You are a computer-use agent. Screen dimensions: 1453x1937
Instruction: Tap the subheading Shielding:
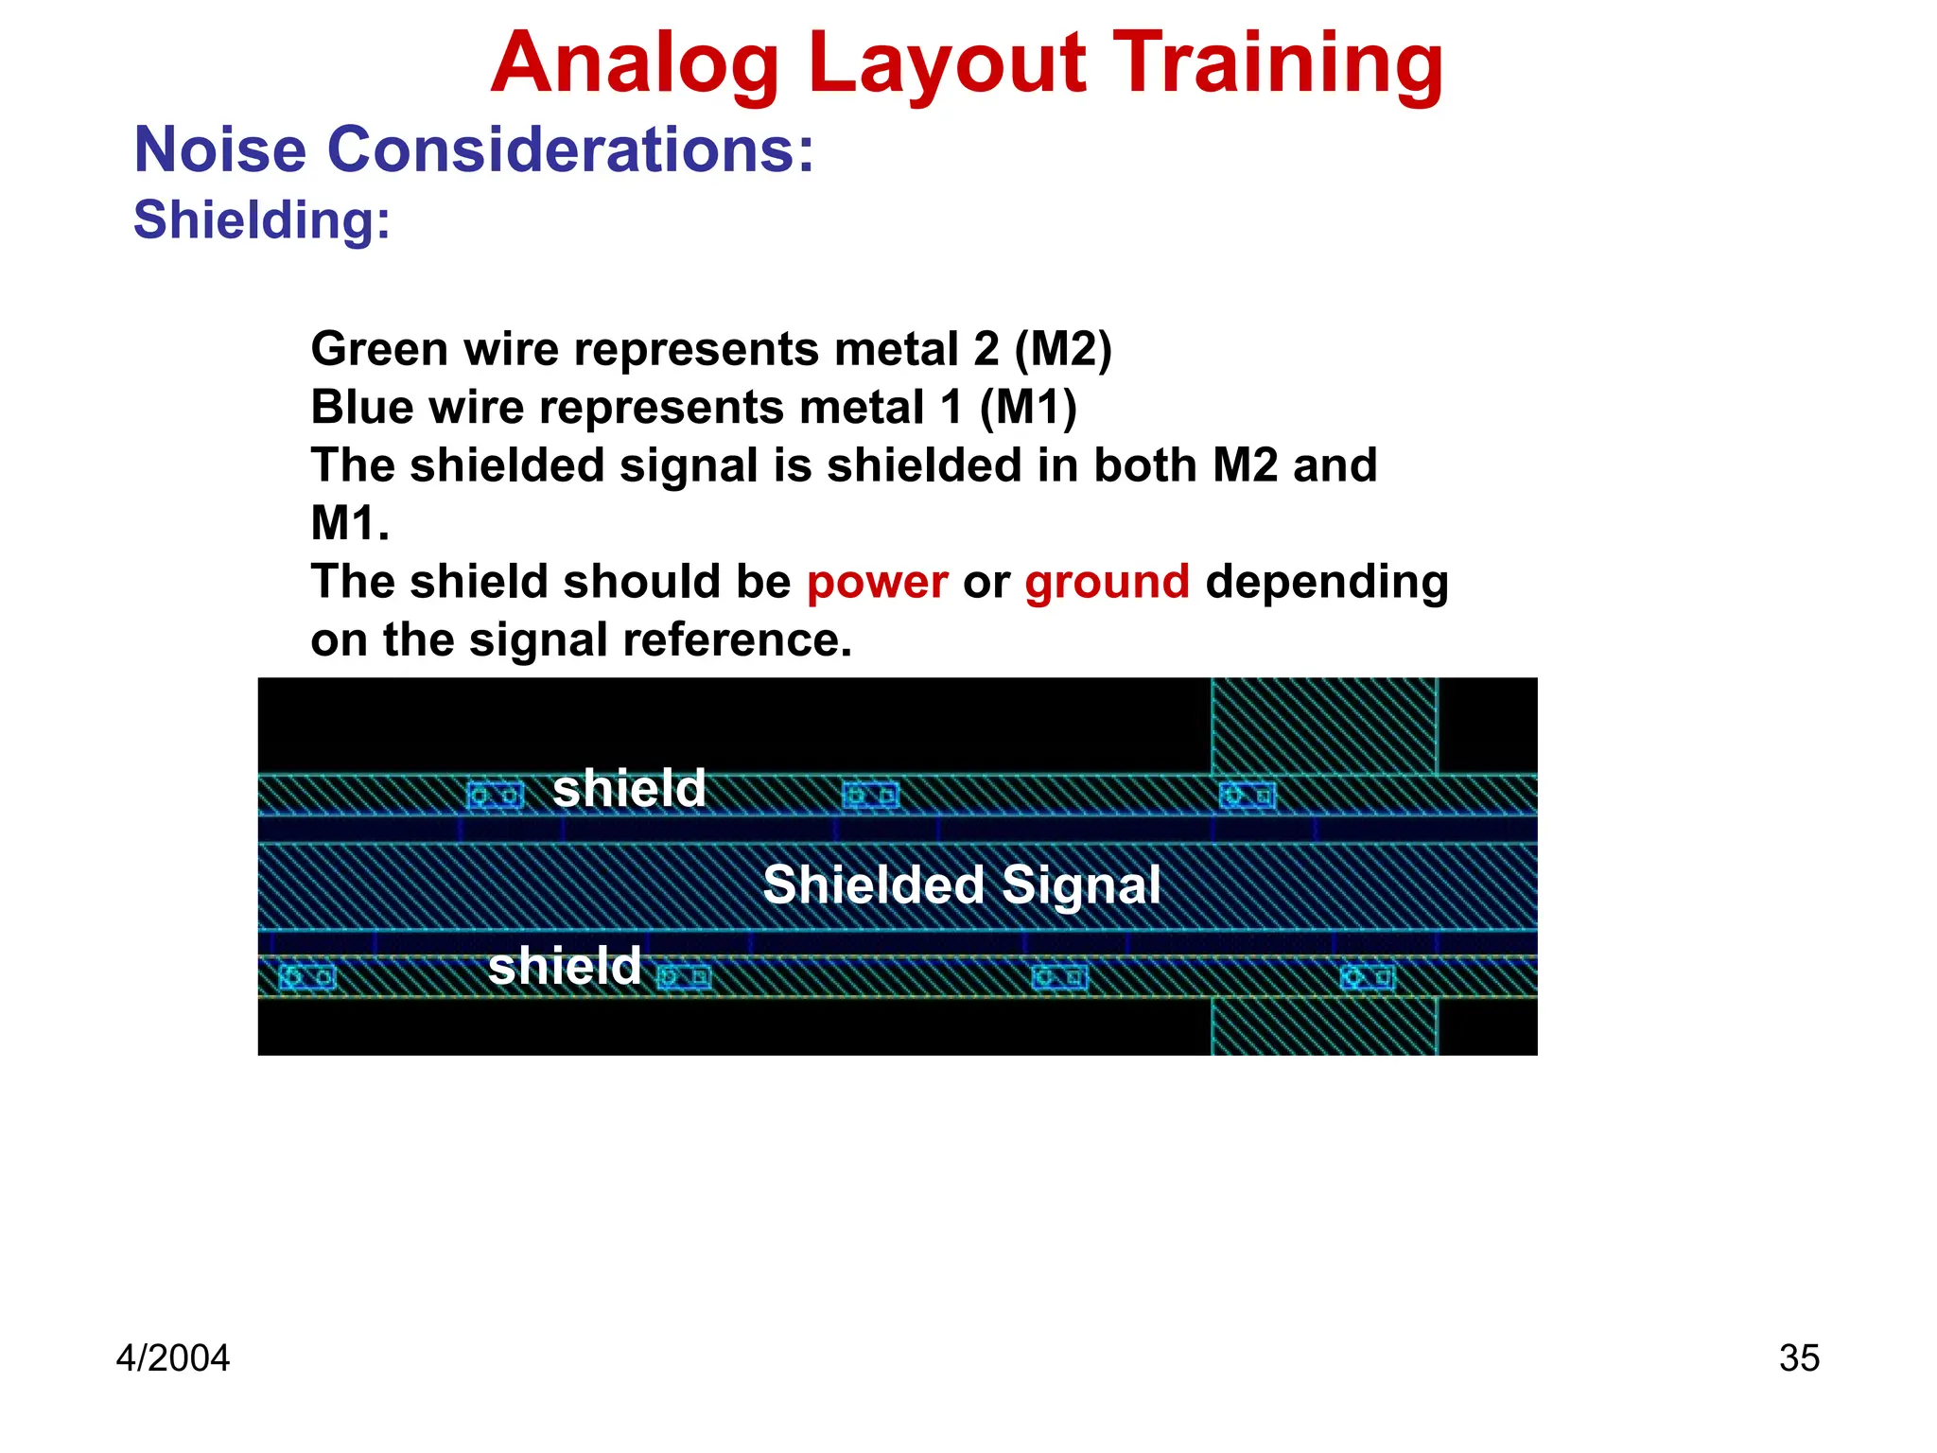pos(262,219)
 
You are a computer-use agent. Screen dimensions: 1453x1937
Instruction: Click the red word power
pos(877,581)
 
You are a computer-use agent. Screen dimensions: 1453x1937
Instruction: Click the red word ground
pos(1107,581)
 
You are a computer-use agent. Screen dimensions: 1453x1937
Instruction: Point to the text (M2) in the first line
pos(1062,349)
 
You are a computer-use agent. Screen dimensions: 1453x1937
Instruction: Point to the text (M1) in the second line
pos(1027,408)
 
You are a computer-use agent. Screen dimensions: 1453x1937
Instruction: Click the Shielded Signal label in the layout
pos(961,884)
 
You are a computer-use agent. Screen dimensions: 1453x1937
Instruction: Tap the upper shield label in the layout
pos(629,788)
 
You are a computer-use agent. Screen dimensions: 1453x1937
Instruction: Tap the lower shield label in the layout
pos(565,966)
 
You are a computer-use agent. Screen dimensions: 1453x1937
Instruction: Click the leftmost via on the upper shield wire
pos(495,796)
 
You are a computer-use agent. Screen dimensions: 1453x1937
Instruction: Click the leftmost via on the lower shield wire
pos(306,976)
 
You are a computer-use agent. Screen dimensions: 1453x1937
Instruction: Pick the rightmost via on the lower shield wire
pos(1368,976)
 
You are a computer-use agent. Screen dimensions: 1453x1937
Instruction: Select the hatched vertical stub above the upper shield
pos(1324,726)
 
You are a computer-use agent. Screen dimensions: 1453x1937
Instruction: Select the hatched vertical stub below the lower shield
pos(1324,1026)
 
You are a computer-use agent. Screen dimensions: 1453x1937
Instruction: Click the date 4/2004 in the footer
pos(172,1357)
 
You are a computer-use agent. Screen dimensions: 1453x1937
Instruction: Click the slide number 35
pos(1799,1357)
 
